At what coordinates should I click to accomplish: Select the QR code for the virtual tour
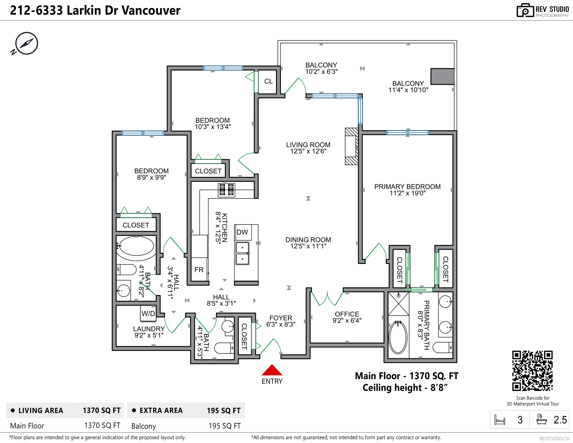click(532, 371)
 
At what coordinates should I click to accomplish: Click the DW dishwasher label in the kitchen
click(242, 232)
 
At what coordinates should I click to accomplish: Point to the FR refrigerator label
click(199, 270)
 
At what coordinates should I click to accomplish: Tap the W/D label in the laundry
click(148, 314)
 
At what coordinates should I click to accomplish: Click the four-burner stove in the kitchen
click(226, 190)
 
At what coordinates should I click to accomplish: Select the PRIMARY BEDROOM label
click(407, 187)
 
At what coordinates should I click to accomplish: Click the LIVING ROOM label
click(308, 145)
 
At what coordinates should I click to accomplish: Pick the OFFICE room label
click(347, 314)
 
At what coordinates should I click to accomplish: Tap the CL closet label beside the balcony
click(268, 81)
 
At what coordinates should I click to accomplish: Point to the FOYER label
click(281, 318)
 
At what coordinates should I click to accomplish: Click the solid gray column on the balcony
click(442, 77)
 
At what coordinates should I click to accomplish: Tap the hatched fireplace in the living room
click(352, 146)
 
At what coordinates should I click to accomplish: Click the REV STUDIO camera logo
click(525, 11)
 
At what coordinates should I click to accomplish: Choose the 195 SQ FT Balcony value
click(225, 426)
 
